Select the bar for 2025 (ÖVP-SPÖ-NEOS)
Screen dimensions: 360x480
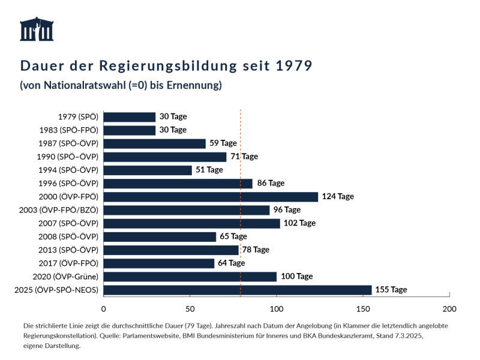[238, 290]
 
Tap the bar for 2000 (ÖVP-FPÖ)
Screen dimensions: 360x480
[211, 197]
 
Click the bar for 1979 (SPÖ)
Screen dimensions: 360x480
[130, 117]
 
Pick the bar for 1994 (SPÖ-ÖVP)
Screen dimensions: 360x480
[148, 170]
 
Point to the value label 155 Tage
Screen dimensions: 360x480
[391, 290]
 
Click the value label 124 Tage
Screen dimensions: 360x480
[338, 197]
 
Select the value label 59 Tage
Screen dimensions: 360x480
[223, 143]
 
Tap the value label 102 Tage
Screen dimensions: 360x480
[299, 223]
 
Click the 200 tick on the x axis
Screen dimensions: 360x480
[449, 309]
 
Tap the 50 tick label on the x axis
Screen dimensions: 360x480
[190, 309]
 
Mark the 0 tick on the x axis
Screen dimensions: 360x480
[104, 309]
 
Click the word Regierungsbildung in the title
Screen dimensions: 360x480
[158, 65]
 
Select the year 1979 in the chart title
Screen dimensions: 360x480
[294, 65]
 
